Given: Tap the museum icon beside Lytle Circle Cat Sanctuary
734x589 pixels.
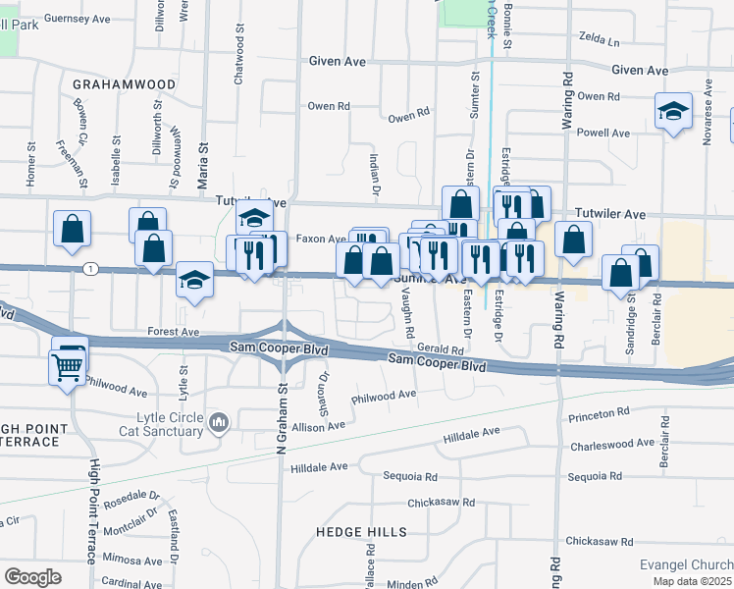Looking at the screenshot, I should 219,423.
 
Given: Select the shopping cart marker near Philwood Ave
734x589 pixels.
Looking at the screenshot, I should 67,368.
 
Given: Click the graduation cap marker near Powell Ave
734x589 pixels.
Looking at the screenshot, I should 673,112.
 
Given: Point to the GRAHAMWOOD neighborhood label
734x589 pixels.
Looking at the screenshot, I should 124,84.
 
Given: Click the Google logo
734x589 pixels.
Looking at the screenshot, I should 32,577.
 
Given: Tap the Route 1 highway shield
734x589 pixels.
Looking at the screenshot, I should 90,268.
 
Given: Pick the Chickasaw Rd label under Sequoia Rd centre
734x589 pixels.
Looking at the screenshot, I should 442,503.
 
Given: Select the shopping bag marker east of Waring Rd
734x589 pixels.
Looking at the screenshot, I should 573,240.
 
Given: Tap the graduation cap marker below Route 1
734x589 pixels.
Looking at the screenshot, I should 194,282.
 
